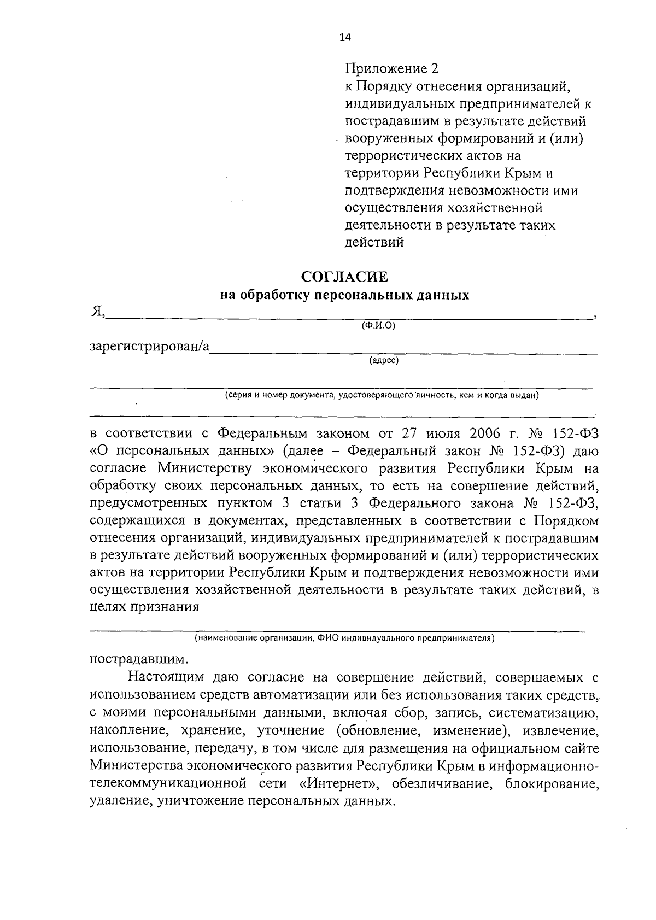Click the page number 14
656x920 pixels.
(x=345, y=37)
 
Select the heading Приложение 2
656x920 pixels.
(x=391, y=68)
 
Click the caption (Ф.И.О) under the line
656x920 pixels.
(x=378, y=325)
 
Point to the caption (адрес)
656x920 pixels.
(x=384, y=360)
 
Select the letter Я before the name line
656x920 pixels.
(x=96, y=312)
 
